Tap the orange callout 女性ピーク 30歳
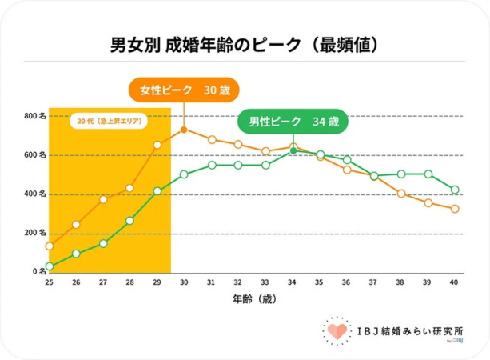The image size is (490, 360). (x=184, y=90)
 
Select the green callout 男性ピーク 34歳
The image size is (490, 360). (x=293, y=122)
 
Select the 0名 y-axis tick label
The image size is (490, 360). (x=37, y=271)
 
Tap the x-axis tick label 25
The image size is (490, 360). (x=50, y=283)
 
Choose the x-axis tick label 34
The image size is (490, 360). (x=293, y=283)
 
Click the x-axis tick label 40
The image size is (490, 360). (x=455, y=283)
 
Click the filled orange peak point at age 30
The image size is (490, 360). (x=184, y=130)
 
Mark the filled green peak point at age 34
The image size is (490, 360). (x=293, y=150)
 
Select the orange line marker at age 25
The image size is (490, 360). (x=50, y=246)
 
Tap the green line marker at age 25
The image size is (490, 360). (x=50, y=266)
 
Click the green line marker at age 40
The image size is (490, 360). (x=455, y=190)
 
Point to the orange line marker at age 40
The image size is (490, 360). (x=455, y=209)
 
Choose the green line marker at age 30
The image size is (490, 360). (x=184, y=174)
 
